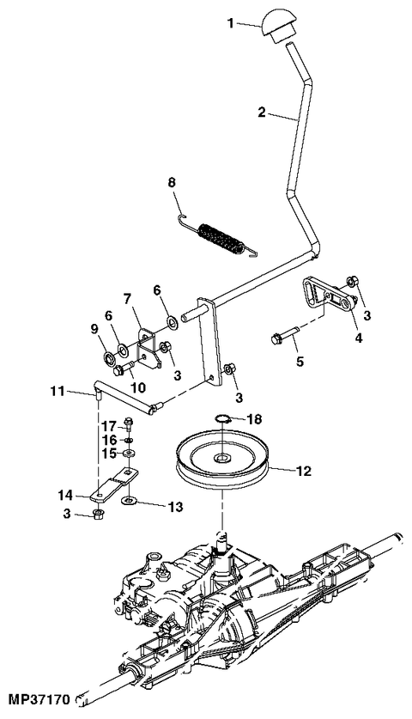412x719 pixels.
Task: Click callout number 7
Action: tap(126, 299)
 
